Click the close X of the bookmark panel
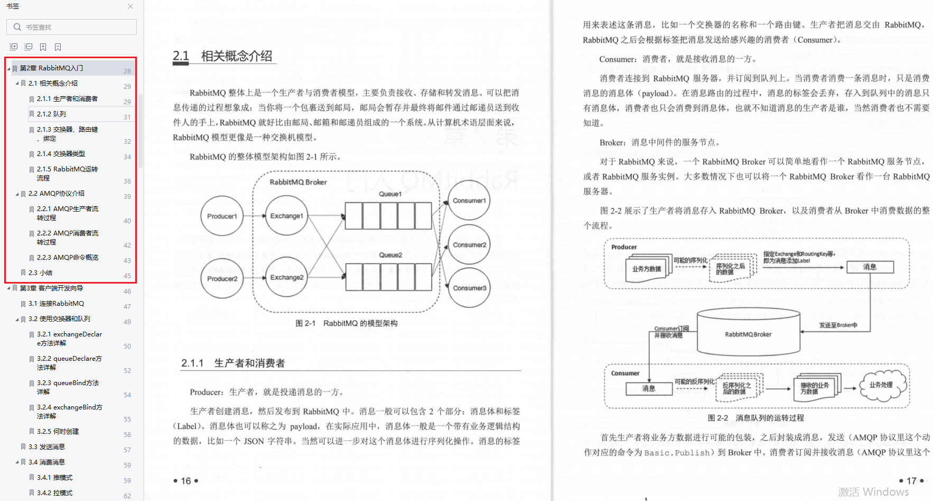click(130, 6)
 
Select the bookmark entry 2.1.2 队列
click(51, 114)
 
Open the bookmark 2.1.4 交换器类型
click(61, 153)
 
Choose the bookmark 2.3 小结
click(40, 272)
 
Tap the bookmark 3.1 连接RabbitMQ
click(56, 303)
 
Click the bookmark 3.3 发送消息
click(46, 447)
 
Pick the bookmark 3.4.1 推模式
click(54, 477)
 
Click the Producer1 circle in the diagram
click(222, 216)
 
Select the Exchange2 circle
click(286, 277)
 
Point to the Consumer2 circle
click(469, 245)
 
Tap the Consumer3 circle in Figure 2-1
click(469, 288)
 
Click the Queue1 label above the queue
click(390, 194)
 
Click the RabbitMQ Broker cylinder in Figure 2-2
click(748, 333)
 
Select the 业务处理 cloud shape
click(881, 386)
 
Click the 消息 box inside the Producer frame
click(870, 267)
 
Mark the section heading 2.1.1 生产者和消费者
click(233, 363)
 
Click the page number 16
click(186, 481)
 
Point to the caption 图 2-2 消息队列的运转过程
click(755, 418)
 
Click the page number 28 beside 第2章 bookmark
click(127, 71)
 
